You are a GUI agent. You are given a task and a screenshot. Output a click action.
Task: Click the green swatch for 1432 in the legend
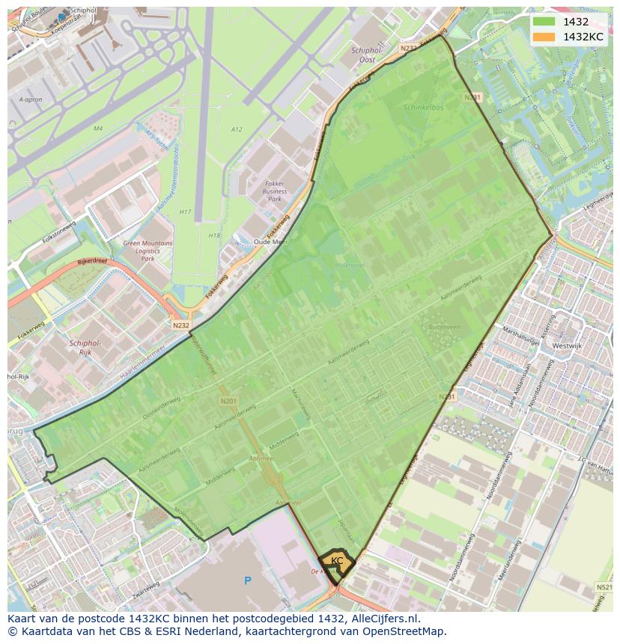(544, 22)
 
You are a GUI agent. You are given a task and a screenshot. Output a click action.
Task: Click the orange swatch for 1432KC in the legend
(544, 37)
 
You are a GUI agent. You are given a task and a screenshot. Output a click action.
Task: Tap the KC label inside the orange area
(337, 560)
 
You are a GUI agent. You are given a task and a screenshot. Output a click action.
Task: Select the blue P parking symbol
(247, 580)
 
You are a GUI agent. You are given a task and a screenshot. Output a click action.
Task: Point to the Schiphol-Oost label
(368, 55)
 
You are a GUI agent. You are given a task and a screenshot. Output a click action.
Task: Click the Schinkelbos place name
(425, 108)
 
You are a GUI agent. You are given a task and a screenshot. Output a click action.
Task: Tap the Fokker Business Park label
(275, 191)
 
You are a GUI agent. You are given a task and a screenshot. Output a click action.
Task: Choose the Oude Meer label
(270, 242)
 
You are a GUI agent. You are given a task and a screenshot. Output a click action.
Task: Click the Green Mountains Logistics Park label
(148, 251)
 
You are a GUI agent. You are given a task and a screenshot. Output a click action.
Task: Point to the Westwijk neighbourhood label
(566, 346)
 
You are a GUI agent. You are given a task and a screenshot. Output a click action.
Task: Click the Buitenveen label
(443, 327)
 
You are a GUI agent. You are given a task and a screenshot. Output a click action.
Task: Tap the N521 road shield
(604, 588)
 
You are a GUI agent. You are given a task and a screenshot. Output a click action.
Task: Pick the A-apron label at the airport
(30, 99)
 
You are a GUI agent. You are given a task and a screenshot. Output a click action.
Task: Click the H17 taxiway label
(186, 212)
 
